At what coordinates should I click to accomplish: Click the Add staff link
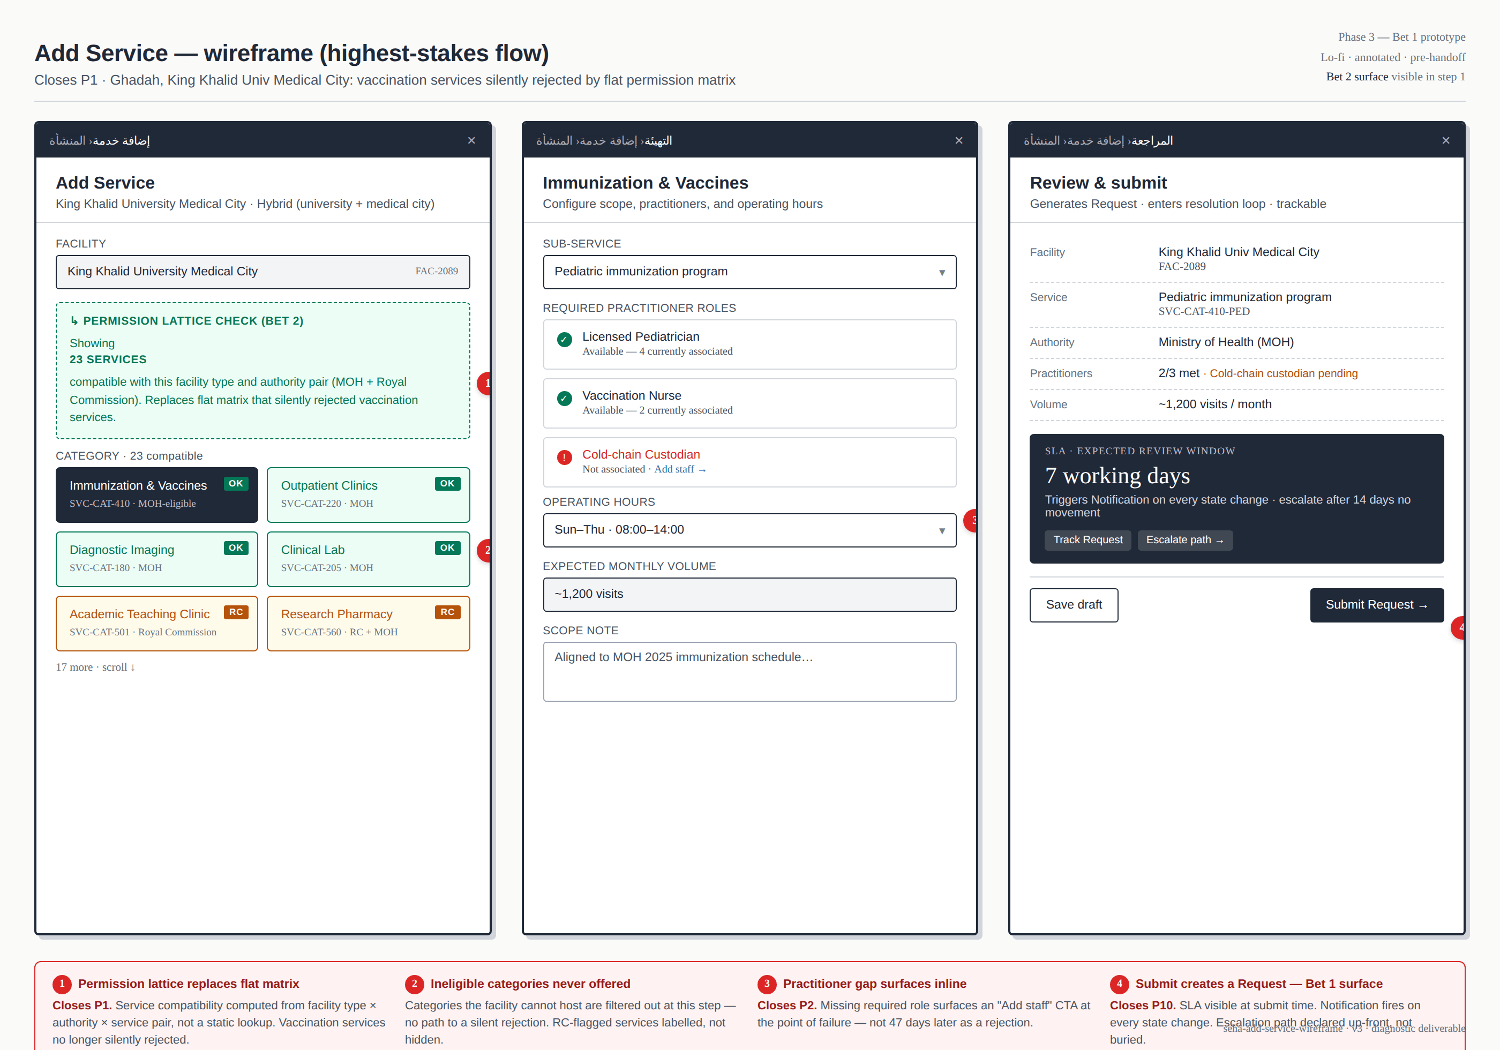(679, 469)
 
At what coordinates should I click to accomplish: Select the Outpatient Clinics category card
(368, 494)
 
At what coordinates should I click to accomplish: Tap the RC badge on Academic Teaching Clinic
(236, 612)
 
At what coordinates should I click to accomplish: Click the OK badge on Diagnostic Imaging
(236, 547)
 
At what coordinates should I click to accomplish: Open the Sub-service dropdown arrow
(941, 273)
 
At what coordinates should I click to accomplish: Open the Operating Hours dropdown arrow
(941, 530)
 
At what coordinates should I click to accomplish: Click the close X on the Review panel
(1445, 140)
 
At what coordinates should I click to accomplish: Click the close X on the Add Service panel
(471, 140)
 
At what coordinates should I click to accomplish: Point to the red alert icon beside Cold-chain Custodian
(565, 457)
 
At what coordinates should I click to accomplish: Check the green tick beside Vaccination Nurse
(565, 398)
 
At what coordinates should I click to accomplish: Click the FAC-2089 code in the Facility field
(437, 271)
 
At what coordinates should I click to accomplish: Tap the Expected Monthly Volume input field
(749, 594)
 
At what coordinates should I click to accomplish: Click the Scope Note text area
(749, 671)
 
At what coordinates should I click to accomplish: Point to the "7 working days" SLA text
(1117, 476)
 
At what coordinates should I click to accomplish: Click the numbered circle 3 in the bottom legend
(766, 984)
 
